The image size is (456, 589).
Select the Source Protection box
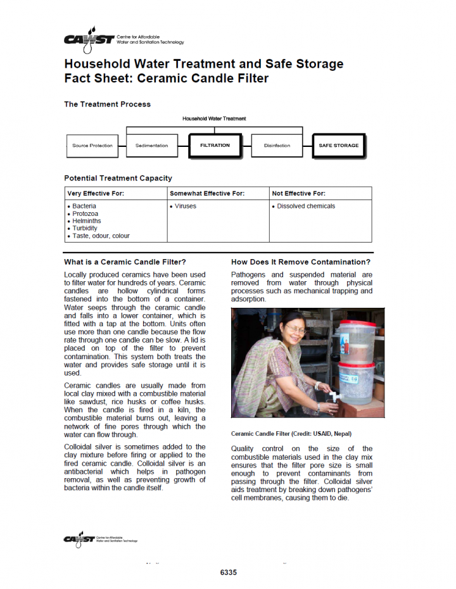92,146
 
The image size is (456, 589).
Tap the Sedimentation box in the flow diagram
152,146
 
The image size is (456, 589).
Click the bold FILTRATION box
215,146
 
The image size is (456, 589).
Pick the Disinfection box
277,146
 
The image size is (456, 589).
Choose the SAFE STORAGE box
338,146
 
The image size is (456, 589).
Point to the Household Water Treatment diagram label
214,118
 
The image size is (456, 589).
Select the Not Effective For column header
298,193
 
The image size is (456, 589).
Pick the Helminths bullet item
87,221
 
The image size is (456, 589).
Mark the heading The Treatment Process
107,104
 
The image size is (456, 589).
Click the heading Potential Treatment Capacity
118,178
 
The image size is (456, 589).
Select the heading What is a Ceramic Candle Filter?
125,262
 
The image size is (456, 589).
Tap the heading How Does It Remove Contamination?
301,262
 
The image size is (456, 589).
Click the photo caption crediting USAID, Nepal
291,434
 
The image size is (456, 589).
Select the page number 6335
228,573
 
